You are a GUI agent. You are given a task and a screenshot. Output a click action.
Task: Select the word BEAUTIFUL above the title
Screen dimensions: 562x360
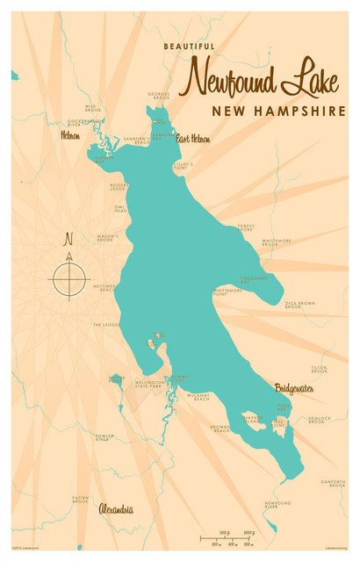[x=189, y=46]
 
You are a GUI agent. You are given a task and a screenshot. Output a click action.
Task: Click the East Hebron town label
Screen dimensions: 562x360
[x=193, y=139]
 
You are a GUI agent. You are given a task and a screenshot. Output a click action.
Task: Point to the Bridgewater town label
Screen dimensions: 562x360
[x=293, y=387]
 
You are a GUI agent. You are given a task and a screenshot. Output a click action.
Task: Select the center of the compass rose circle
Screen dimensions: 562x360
[x=69, y=279]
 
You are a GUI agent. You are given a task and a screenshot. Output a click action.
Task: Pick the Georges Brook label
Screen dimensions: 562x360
[x=159, y=96]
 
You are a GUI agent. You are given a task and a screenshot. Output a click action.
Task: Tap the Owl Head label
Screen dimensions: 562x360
[x=121, y=209]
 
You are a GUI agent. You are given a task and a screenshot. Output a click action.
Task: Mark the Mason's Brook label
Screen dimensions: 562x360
[x=107, y=237]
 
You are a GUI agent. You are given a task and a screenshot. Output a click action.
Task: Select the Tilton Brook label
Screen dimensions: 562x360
[x=319, y=370]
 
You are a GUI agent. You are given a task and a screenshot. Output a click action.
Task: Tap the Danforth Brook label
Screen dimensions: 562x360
[x=333, y=483]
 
